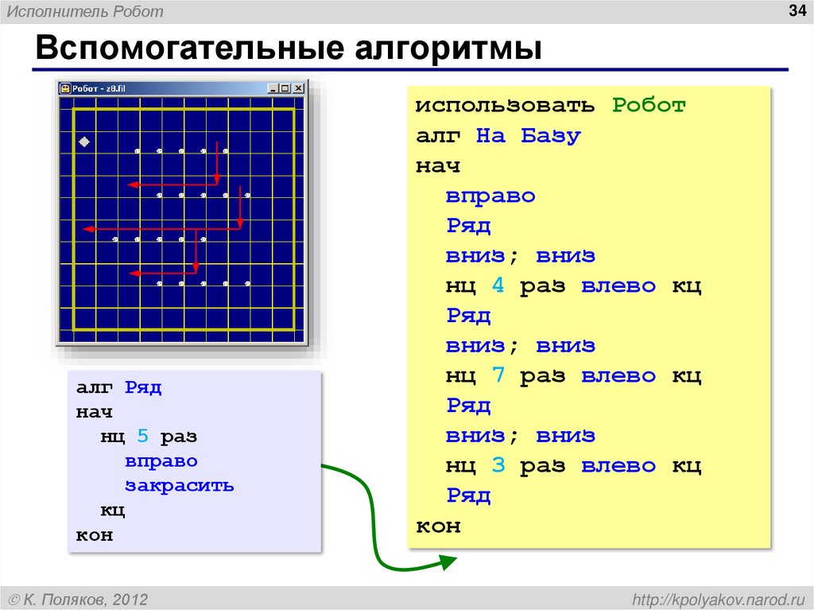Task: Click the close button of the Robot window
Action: (x=298, y=88)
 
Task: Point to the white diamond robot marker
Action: (x=83, y=142)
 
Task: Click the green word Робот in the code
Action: (x=649, y=106)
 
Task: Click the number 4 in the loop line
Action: (x=498, y=286)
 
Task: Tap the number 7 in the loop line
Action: (x=498, y=375)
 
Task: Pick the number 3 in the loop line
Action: (x=498, y=465)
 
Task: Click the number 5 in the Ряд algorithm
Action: (x=142, y=437)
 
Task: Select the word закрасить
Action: (x=179, y=485)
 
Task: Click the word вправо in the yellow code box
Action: (x=490, y=196)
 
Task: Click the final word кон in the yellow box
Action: (x=438, y=526)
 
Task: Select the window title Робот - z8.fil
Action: (x=99, y=88)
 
